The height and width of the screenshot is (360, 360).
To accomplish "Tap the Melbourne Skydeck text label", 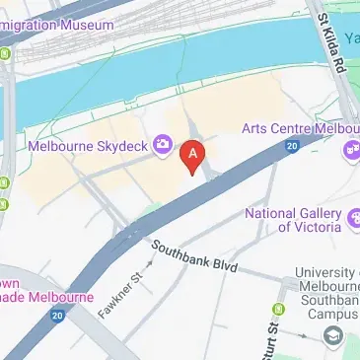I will pos(87,146).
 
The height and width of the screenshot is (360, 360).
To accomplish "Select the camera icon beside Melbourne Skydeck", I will pos(161,146).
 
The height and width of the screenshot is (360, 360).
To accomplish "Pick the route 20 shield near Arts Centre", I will pos(292,147).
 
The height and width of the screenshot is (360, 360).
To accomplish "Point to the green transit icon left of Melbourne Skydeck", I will pos(7,183).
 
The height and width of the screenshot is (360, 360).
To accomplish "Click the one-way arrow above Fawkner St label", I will pos(150,263).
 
